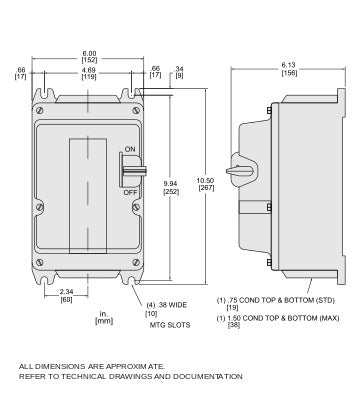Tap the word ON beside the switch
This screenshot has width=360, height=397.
point(130,149)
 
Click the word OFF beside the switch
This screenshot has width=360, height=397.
point(130,192)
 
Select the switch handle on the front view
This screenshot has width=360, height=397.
point(133,171)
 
